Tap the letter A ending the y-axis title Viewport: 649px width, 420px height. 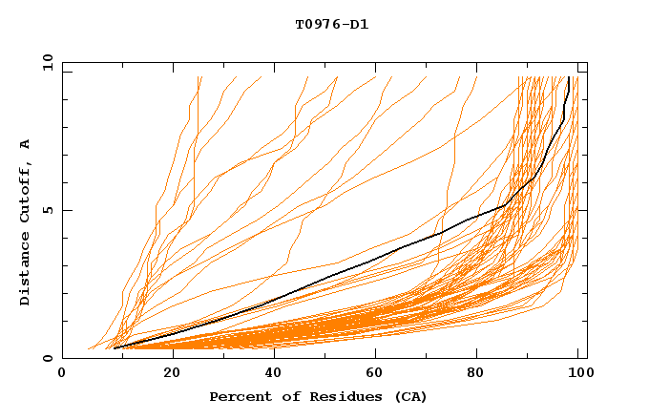coord(26,144)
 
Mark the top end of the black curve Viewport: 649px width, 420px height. coord(569,77)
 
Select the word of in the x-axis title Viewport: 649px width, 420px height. coord(284,397)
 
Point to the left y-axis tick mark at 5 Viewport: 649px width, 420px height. coord(66,210)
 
